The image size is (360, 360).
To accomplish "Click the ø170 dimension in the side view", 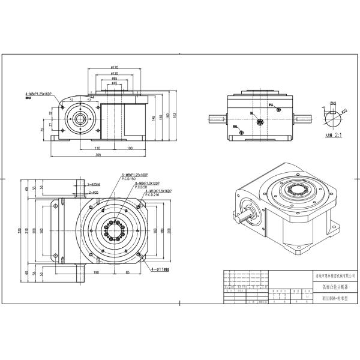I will click(114, 67).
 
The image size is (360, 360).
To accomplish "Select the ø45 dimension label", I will click(114, 83).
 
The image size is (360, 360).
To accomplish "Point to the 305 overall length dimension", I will click(97, 154).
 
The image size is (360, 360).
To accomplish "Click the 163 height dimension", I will click(176, 115).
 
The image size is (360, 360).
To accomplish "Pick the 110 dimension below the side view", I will click(97, 147).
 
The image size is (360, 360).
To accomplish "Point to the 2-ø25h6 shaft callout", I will click(94, 185).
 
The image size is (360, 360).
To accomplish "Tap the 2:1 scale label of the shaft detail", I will click(338, 136).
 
